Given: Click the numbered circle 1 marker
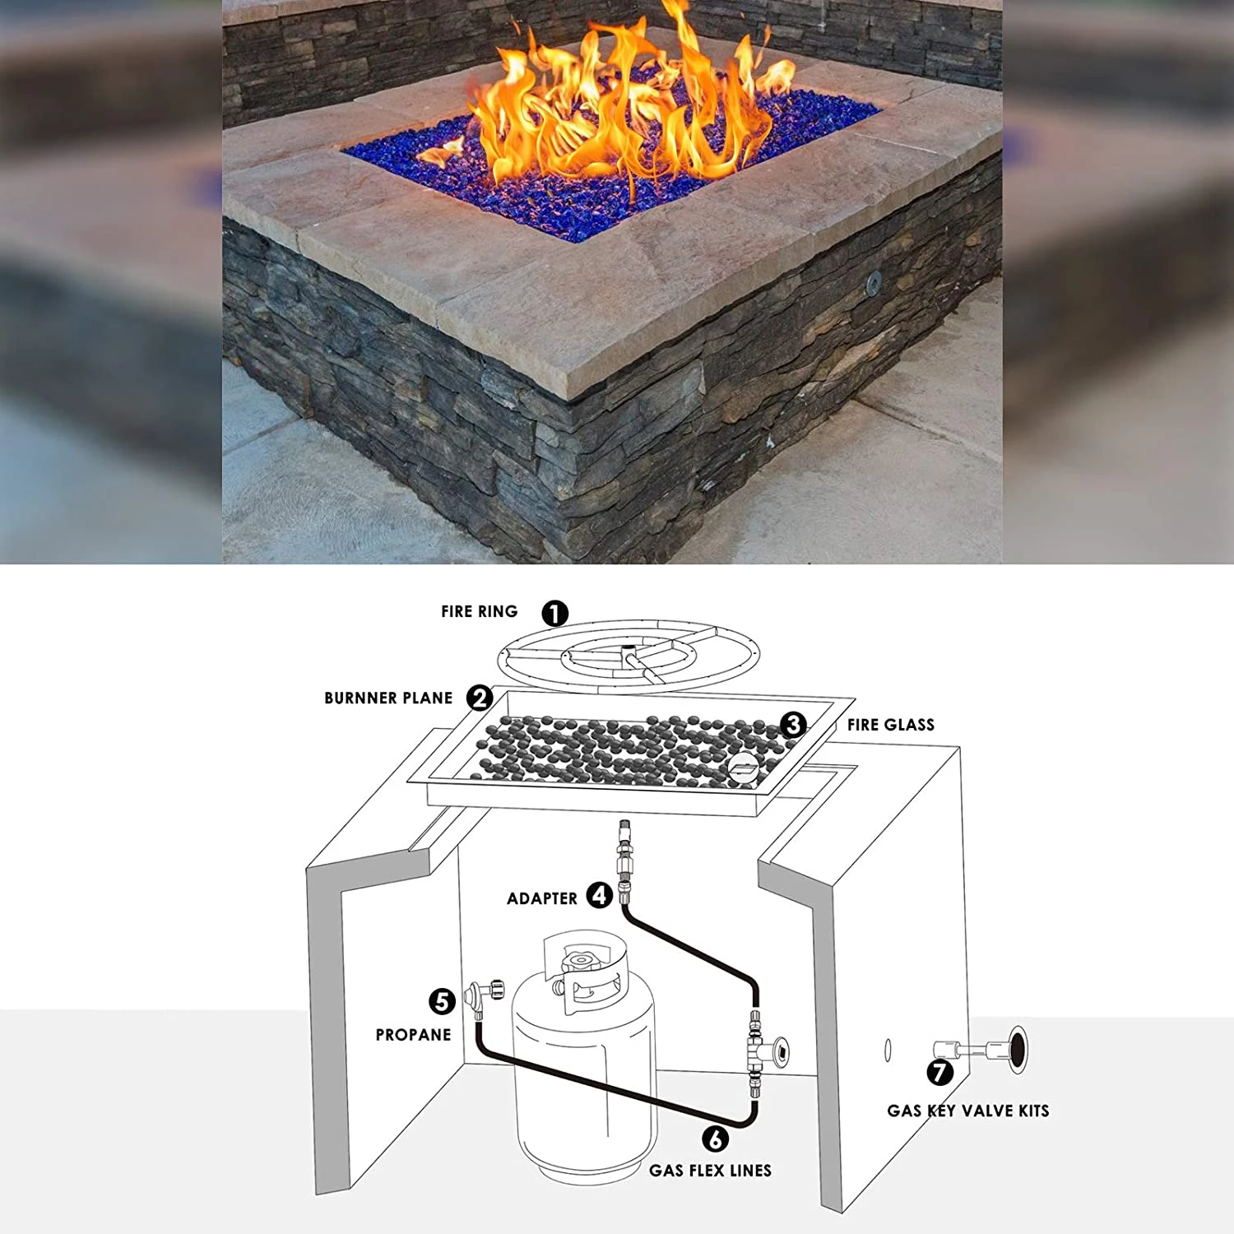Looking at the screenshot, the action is pyautogui.click(x=555, y=613).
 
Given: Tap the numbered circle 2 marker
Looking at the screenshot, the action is pyautogui.click(x=480, y=698).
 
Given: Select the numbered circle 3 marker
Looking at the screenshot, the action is pyautogui.click(x=793, y=724).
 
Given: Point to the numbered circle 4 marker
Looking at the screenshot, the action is pyautogui.click(x=600, y=895).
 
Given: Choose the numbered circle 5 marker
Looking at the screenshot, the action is pyautogui.click(x=443, y=1001).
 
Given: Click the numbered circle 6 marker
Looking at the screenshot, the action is pyautogui.click(x=716, y=1139).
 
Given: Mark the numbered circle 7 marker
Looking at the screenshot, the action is pyautogui.click(x=940, y=1072).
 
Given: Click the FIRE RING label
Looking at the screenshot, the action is pyautogui.click(x=480, y=611).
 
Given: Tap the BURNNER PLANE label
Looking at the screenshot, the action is pyautogui.click(x=388, y=698).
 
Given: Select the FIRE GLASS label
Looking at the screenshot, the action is pyautogui.click(x=891, y=725).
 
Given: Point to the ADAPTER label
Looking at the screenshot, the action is pyautogui.click(x=542, y=898).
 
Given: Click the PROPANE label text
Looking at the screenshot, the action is pyautogui.click(x=414, y=1035).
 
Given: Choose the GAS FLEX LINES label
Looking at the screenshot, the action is pyautogui.click(x=711, y=1171).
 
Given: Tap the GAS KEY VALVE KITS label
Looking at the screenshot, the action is pyautogui.click(x=968, y=1111).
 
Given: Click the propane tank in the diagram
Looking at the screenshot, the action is pyautogui.click(x=584, y=1061).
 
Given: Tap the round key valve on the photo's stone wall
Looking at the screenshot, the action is pyautogui.click(x=874, y=281).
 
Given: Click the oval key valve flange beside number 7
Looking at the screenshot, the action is pyautogui.click(x=1019, y=1050).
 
